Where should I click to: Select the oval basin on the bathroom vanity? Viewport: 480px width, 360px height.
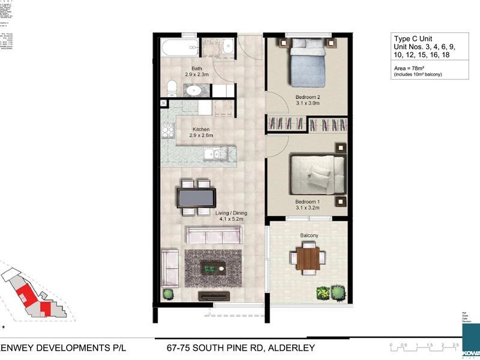pos(194,91)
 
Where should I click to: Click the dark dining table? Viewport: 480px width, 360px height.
pos(196,197)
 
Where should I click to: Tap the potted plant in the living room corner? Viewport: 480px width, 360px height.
pos(169,294)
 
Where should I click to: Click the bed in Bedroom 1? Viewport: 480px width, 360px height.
pos(317,172)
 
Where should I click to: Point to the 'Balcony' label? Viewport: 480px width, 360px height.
pos(308,236)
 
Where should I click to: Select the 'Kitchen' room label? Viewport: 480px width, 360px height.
pos(201,129)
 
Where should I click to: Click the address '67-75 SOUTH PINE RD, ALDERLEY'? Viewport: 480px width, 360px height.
pos(236,348)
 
